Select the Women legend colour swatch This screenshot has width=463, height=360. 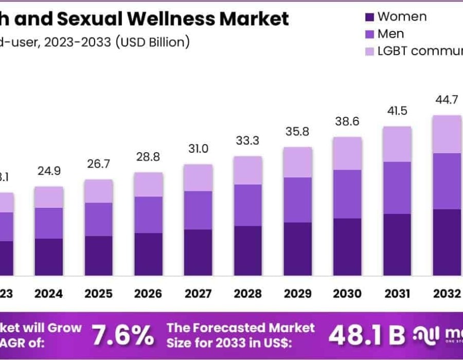tap(369, 17)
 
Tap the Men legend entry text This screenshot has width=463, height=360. tap(390, 34)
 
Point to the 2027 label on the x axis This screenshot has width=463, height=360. tap(198, 294)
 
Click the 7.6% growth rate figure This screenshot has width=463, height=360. tap(122, 336)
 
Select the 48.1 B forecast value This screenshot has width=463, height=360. tap(367, 336)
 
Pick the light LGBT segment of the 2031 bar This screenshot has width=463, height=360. tap(397, 144)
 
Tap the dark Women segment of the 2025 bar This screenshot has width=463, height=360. tap(99, 256)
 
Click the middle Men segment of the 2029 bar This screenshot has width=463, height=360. tap(297, 200)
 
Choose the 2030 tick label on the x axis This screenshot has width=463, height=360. tap(347, 294)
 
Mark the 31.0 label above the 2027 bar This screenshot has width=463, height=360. tap(198, 149)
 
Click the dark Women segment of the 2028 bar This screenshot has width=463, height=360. tap(247, 250)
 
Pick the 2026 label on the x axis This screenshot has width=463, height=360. tap(148, 294)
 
